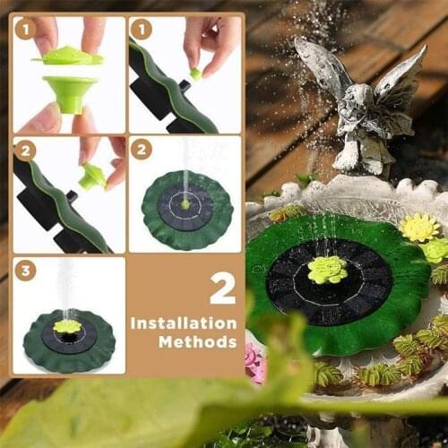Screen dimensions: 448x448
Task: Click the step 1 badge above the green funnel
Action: tap(25, 30)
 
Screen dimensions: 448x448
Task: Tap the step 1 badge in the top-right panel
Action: tap(141, 30)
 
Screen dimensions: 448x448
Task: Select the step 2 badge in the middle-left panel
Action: tap(25, 150)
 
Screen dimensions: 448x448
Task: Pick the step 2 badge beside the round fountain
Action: tap(141, 150)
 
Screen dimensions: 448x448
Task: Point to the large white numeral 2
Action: tap(222, 288)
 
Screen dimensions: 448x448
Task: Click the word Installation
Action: tap(184, 323)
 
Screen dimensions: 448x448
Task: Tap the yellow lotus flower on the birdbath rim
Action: tap(418, 228)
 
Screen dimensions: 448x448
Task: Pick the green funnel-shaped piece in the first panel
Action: tap(69, 91)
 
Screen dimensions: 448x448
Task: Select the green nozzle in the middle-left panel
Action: tap(92, 175)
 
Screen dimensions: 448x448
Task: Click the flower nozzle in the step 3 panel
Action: tap(67, 326)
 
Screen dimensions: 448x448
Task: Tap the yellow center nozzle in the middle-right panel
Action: tap(185, 204)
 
